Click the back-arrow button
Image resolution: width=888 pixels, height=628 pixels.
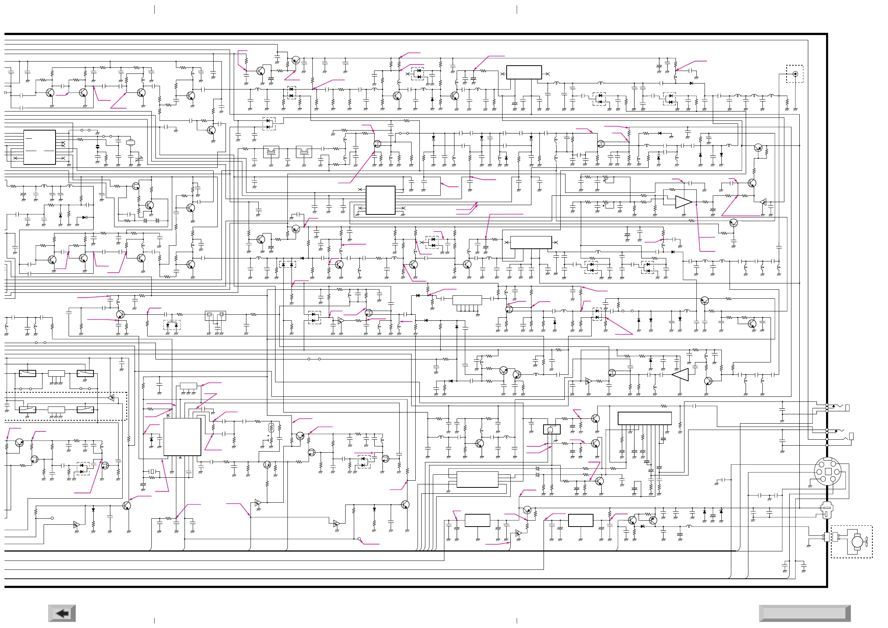coord(62,613)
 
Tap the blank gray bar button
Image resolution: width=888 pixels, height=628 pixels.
coord(804,613)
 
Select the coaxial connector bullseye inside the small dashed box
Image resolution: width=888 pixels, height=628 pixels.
coord(795,74)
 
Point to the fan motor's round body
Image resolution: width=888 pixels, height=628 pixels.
coord(857,541)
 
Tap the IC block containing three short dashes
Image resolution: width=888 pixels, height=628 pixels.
coord(40,147)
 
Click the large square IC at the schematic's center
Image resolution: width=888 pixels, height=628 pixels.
coord(380,200)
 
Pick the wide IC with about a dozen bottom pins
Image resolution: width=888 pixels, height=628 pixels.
coord(644,418)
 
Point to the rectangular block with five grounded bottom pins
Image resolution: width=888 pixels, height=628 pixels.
coord(467,300)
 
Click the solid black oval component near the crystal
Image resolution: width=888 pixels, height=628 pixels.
coord(97,147)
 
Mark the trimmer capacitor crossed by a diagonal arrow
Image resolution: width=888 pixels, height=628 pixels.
coord(139,158)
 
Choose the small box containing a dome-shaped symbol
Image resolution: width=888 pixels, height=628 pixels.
coord(551,430)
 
